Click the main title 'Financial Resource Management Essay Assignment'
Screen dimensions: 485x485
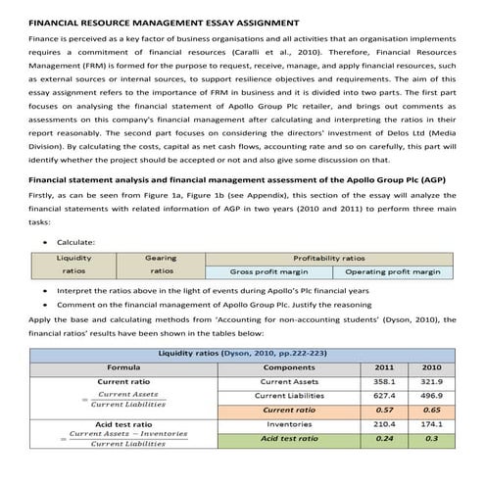163,21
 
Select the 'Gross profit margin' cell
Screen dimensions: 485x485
267,271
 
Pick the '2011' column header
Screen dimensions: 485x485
385,366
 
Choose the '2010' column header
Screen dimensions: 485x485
431,366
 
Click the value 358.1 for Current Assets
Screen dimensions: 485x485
385,381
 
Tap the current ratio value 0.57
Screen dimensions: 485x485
385,410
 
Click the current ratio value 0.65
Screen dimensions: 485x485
431,410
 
